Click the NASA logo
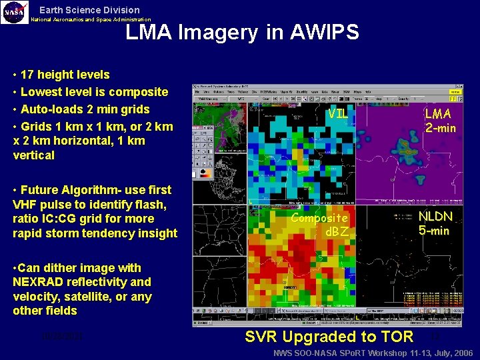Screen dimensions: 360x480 click(x=15, y=12)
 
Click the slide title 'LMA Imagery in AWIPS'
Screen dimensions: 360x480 click(x=242, y=31)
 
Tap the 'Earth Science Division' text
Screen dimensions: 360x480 click(x=89, y=10)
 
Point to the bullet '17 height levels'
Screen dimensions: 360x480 click(x=65, y=75)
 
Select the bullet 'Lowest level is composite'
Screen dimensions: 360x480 click(x=94, y=92)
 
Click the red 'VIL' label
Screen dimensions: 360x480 click(x=337, y=113)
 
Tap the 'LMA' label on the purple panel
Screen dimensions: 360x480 click(x=438, y=114)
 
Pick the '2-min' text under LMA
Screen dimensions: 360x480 click(x=440, y=128)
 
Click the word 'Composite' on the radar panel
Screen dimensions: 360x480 click(x=319, y=218)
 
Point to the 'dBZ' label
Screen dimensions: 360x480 click(x=337, y=231)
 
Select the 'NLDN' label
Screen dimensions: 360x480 click(x=435, y=217)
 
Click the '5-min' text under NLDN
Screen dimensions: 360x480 click(x=434, y=231)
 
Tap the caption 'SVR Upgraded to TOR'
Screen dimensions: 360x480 click(x=329, y=337)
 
